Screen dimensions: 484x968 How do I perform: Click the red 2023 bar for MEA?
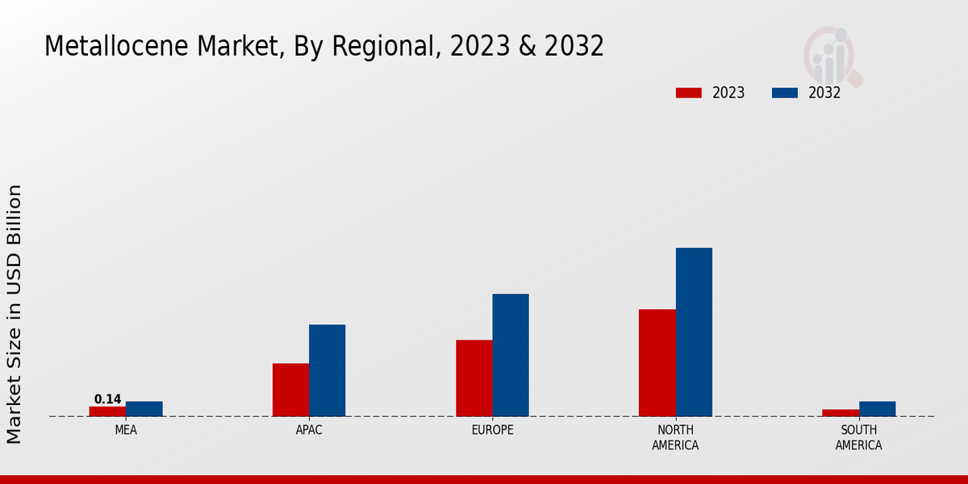pyautogui.click(x=107, y=411)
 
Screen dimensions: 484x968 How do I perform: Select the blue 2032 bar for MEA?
pyautogui.click(x=144, y=409)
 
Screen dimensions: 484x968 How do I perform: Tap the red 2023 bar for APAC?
pyautogui.click(x=290, y=390)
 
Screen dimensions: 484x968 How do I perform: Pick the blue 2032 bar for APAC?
pyautogui.click(x=327, y=370)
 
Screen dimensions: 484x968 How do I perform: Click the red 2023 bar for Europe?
pyautogui.click(x=474, y=378)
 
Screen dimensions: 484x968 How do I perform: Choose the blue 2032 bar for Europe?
pyautogui.click(x=511, y=355)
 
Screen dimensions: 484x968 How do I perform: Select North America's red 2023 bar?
pyautogui.click(x=657, y=363)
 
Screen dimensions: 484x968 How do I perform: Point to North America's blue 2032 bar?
pyautogui.click(x=694, y=332)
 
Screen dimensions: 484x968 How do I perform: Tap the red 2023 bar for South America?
pyautogui.click(x=841, y=413)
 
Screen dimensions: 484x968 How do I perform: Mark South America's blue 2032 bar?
pyautogui.click(x=877, y=409)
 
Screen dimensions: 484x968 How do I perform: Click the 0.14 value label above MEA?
pyautogui.click(x=107, y=399)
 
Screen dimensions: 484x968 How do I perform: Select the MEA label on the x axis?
pyautogui.click(x=126, y=430)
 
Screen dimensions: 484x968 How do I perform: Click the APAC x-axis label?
pyautogui.click(x=309, y=430)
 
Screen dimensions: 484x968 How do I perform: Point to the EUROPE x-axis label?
pyautogui.click(x=492, y=430)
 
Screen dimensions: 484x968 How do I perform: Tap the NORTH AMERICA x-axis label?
pyautogui.click(x=675, y=437)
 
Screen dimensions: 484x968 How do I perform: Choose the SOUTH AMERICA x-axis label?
pyautogui.click(x=858, y=437)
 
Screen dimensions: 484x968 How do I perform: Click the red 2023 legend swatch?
pyautogui.click(x=688, y=93)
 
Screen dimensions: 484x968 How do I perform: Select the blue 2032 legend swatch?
pyautogui.click(x=784, y=93)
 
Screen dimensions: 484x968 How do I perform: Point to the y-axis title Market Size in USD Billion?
pyautogui.click(x=15, y=314)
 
